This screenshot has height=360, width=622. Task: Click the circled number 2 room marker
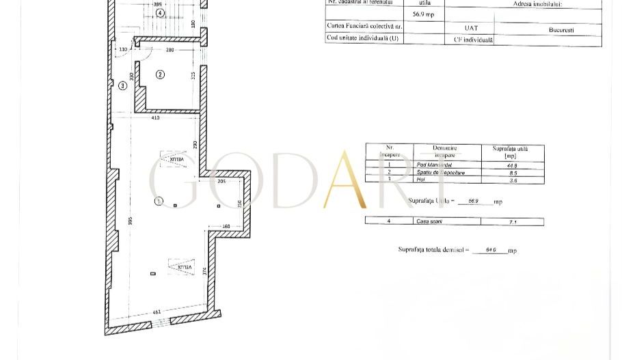(160, 74)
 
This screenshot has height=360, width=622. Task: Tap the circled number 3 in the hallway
(122, 86)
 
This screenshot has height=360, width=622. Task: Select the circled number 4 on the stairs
(160, 13)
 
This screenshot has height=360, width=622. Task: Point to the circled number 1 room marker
(159, 201)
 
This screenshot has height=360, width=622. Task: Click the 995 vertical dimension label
(130, 221)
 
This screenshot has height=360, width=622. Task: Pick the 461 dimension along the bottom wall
(157, 312)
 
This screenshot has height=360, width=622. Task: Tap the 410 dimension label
(155, 118)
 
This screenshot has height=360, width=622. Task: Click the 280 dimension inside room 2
(170, 50)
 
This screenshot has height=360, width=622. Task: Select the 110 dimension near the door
(123, 50)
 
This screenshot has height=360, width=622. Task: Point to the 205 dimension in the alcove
(221, 181)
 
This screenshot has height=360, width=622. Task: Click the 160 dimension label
(226, 227)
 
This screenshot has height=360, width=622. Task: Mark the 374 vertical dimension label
(204, 271)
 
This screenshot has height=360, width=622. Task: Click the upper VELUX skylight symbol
(173, 160)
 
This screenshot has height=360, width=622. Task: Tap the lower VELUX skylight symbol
(182, 267)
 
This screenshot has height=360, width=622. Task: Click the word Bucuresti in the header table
(561, 30)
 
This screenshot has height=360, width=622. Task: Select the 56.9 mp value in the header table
(423, 14)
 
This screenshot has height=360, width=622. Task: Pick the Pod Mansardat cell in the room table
(434, 165)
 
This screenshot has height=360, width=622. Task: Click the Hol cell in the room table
(421, 180)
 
